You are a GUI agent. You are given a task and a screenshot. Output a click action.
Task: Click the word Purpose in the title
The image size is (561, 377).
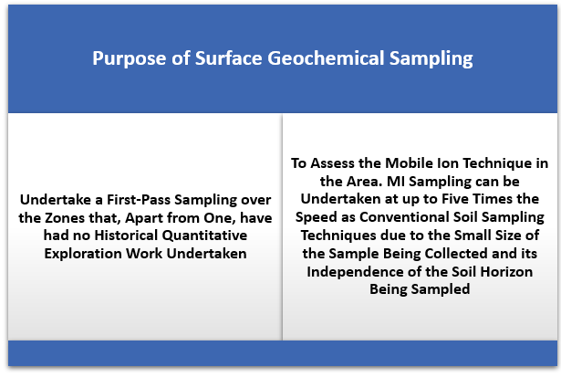click(129, 58)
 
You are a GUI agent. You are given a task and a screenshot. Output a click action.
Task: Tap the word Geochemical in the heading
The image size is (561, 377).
click(326, 58)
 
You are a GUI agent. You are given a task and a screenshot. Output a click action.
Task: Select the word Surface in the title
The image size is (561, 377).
click(228, 58)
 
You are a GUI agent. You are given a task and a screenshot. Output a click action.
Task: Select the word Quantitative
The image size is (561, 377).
click(204, 236)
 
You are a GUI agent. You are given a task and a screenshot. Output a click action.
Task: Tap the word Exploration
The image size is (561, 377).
click(83, 254)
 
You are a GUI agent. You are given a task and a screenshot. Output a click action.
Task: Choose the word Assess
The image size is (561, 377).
click(332, 163)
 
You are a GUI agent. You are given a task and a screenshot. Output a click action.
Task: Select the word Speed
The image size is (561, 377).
click(312, 217)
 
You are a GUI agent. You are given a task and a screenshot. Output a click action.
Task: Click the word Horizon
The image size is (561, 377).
click(506, 272)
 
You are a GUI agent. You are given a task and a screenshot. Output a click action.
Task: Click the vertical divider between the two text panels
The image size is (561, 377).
click(282, 227)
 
